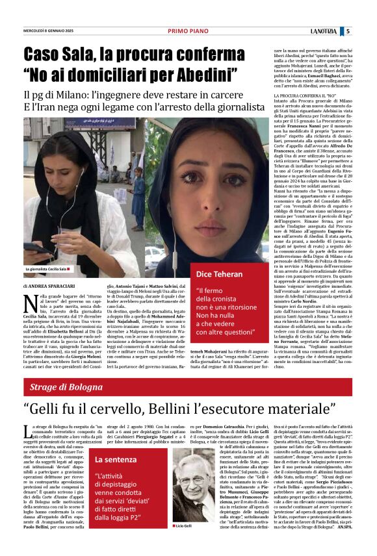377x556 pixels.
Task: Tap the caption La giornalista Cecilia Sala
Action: (x=47, y=268)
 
